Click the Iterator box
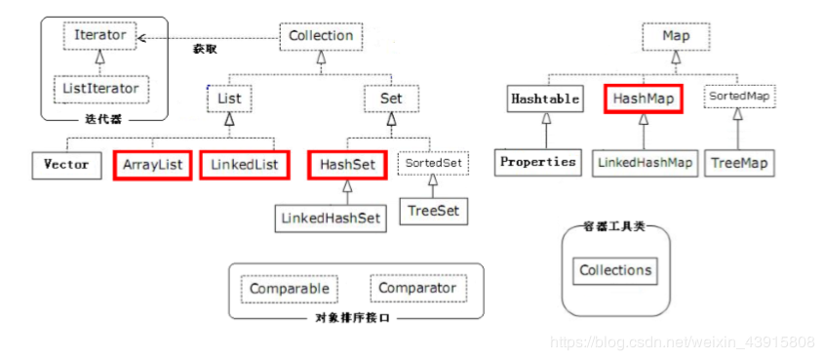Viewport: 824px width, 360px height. (x=99, y=35)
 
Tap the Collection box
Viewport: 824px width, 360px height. (x=321, y=36)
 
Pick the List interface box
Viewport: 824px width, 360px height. (x=230, y=99)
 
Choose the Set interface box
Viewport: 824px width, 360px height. (x=390, y=99)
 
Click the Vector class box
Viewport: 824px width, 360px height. (x=66, y=164)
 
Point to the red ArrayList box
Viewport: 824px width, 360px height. (x=153, y=164)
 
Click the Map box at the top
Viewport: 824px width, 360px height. (x=675, y=36)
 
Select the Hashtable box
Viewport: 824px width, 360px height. (x=544, y=99)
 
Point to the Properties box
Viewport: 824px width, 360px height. (x=538, y=161)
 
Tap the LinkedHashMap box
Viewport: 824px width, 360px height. (x=646, y=162)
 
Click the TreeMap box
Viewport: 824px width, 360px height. (x=740, y=162)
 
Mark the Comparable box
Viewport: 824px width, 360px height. (x=290, y=289)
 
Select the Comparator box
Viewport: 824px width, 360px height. (x=417, y=289)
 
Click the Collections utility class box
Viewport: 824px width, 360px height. (x=615, y=270)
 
